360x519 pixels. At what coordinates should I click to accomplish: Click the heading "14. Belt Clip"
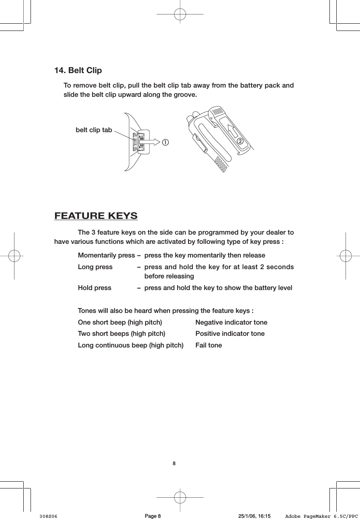(78, 71)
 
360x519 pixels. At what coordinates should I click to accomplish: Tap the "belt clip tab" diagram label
(94, 130)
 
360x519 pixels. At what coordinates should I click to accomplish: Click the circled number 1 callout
(165, 142)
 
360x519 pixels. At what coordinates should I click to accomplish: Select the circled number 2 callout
(240, 141)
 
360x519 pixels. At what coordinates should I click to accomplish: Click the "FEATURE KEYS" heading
(96, 216)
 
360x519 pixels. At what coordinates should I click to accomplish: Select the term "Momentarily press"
(106, 255)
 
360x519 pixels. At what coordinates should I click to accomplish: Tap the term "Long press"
(95, 267)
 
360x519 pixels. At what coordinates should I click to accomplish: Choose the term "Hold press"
(94, 288)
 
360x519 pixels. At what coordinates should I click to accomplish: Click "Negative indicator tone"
(231, 323)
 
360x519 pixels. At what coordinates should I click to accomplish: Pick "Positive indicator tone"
(230, 334)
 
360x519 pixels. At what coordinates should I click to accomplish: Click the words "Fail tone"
(208, 345)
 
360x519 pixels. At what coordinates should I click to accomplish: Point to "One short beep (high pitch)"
(120, 323)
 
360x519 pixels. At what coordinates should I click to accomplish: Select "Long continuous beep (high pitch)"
(130, 345)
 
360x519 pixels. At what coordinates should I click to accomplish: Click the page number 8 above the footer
(174, 464)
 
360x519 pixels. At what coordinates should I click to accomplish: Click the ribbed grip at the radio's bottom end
(221, 165)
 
